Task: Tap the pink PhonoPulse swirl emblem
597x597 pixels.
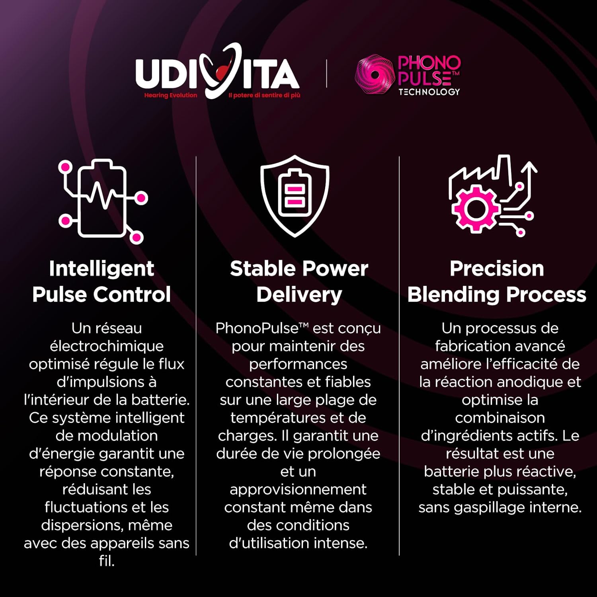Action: [375, 74]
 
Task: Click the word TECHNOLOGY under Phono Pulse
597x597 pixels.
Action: [429, 92]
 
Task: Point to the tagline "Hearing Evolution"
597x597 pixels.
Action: [170, 95]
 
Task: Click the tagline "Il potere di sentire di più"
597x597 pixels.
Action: [264, 95]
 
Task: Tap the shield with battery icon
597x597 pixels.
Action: [295, 196]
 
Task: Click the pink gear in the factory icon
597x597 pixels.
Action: [475, 209]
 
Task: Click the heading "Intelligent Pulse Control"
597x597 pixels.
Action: [101, 281]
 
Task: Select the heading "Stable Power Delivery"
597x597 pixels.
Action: [299, 281]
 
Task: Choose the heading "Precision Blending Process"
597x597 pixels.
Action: [497, 281]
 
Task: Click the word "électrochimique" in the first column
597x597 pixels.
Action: [107, 346]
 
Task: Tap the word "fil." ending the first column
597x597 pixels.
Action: [107, 561]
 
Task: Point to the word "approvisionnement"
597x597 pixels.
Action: [298, 490]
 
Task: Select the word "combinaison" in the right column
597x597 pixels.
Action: [500, 418]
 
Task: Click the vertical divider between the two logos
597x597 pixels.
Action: [326, 74]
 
